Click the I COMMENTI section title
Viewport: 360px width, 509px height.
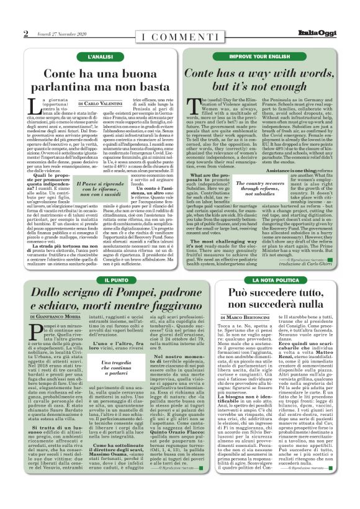[179, 35]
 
